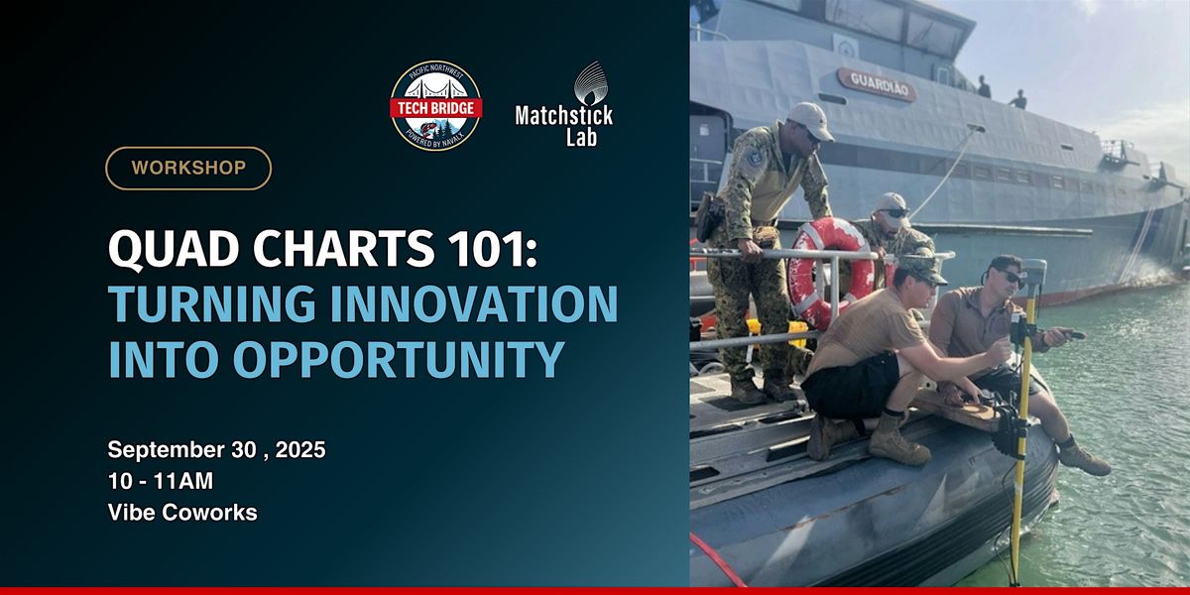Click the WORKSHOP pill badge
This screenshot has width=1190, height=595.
point(188,169)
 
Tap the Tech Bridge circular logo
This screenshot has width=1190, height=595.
point(436,105)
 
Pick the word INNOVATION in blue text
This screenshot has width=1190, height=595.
point(474,303)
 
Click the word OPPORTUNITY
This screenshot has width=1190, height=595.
point(399,359)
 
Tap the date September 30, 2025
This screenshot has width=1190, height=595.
point(217,450)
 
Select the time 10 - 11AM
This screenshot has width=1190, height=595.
point(161,481)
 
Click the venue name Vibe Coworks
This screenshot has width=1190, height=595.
point(182,513)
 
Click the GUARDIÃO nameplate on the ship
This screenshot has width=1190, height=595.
point(877,84)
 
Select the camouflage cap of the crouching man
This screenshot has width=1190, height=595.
point(921,269)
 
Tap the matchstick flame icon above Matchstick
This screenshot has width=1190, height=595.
point(591,83)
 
